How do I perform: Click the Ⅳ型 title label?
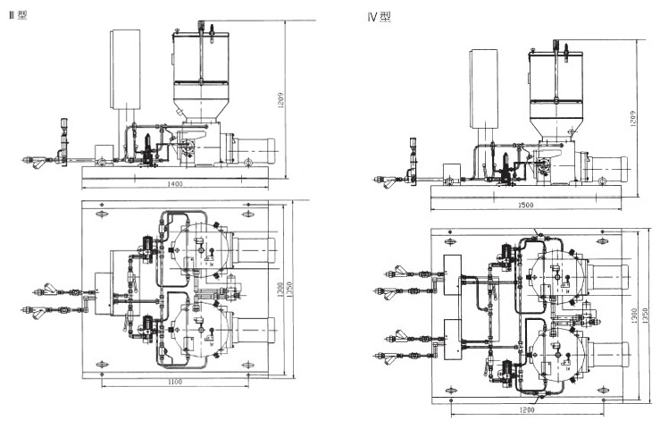tap(380, 16)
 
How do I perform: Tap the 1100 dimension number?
tap(175, 383)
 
